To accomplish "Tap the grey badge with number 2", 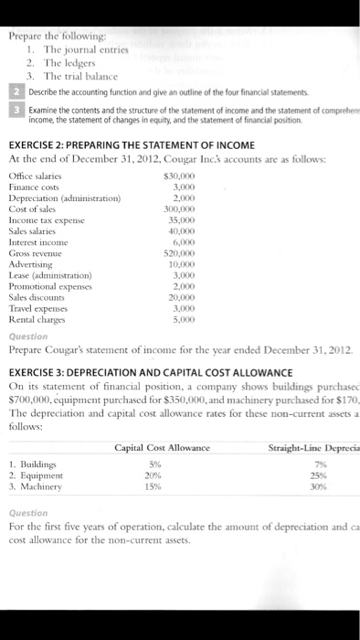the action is click(14, 93).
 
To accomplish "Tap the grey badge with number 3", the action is click(14, 110).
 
